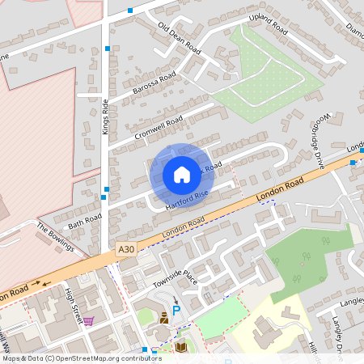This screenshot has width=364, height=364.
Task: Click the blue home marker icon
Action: [182, 174]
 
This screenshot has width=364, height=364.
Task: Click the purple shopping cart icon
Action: [88, 320]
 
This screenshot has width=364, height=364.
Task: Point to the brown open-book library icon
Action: [181, 347]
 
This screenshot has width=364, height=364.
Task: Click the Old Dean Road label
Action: [180, 38]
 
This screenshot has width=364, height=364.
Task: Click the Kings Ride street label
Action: [105, 116]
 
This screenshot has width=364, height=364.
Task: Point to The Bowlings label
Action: [55, 236]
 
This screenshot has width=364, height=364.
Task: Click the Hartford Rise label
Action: [187, 199]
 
